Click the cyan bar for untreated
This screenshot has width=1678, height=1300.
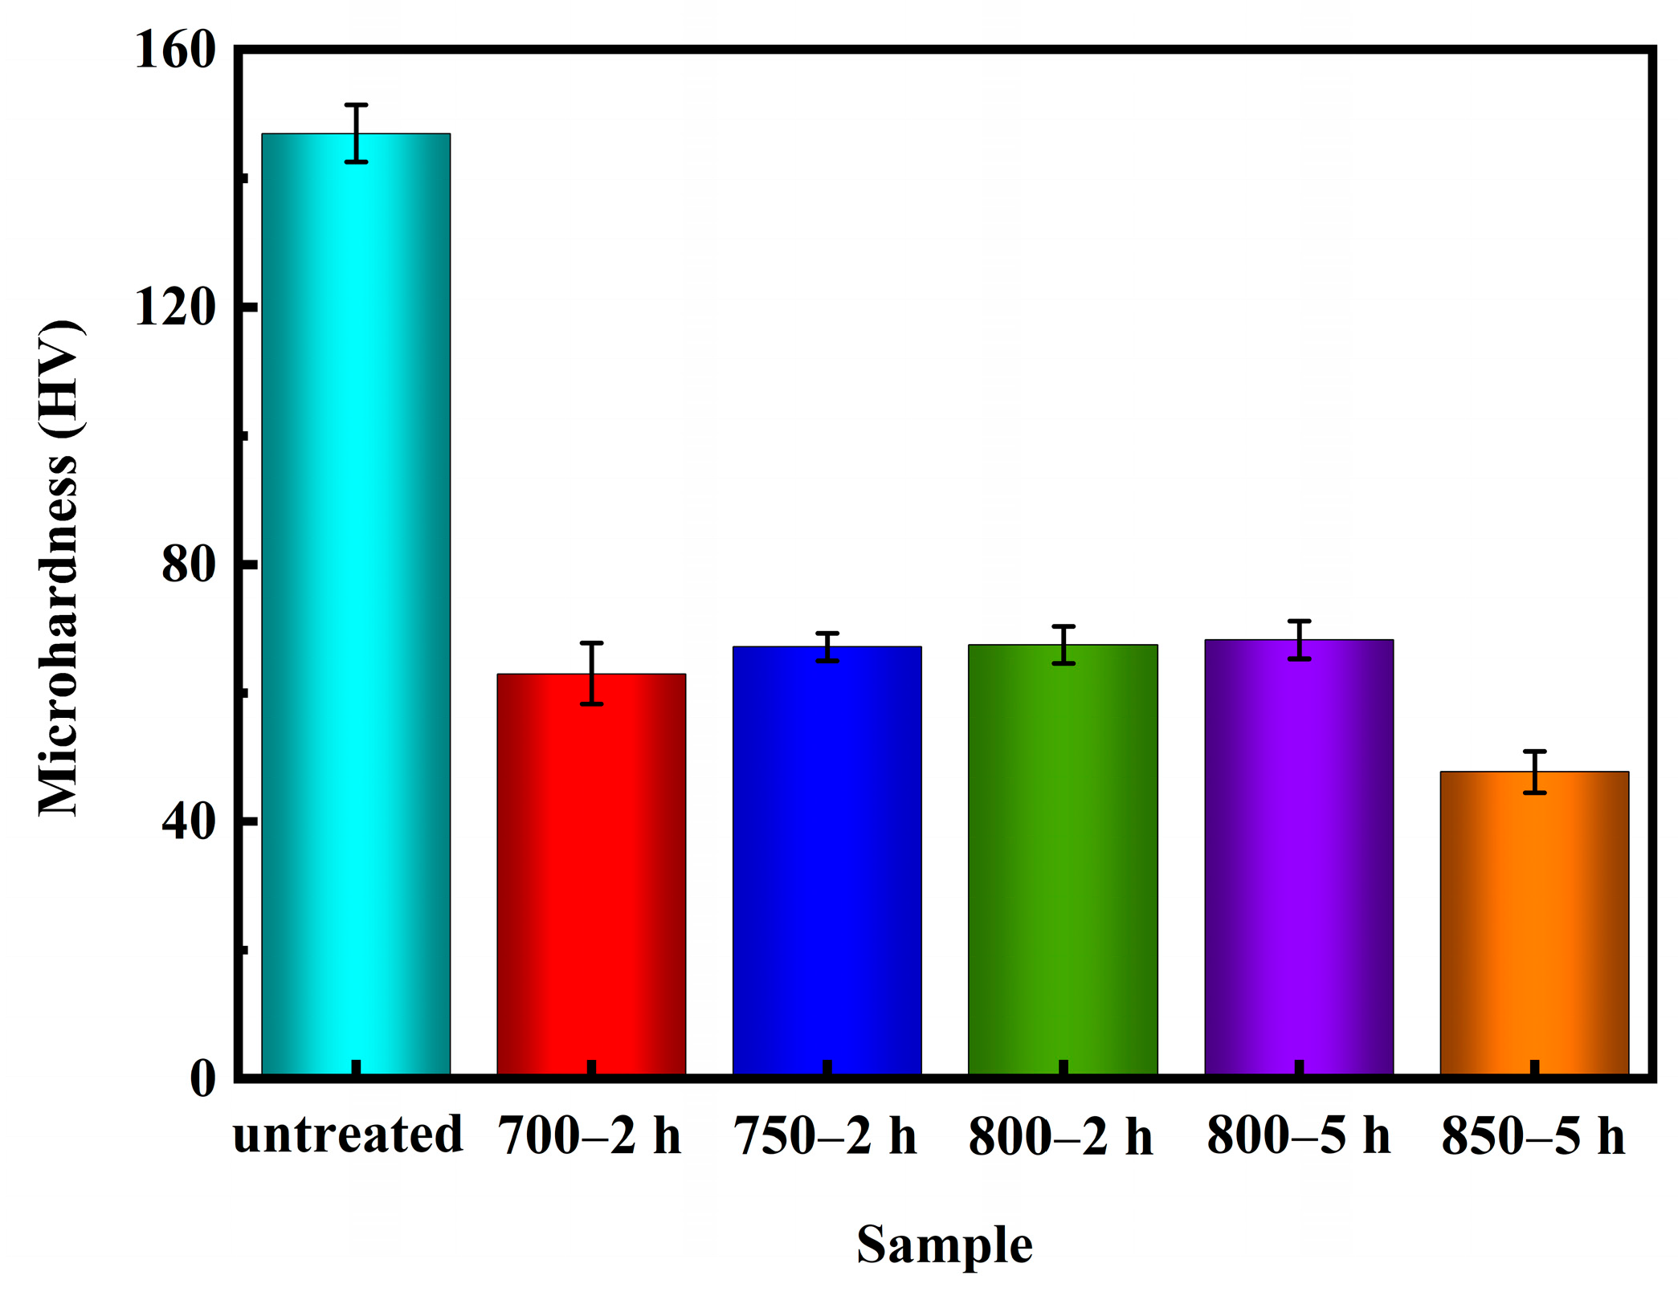pyautogui.click(x=356, y=602)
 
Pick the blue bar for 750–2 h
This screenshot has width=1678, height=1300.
pyautogui.click(x=827, y=859)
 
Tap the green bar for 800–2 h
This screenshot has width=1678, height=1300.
pyautogui.click(x=1063, y=859)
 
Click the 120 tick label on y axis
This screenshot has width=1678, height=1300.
pyautogui.click(x=175, y=307)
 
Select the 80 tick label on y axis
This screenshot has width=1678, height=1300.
pyautogui.click(x=189, y=564)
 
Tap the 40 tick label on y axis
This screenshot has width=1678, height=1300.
pyautogui.click(x=189, y=821)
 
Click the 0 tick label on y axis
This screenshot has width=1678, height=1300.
pyautogui.click(x=202, y=1078)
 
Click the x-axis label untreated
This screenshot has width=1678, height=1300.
pyautogui.click(x=348, y=1135)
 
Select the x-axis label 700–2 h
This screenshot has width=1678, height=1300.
pyautogui.click(x=590, y=1136)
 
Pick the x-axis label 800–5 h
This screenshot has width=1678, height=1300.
pyautogui.click(x=1298, y=1136)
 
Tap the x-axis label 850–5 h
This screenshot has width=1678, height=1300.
pyautogui.click(x=1533, y=1136)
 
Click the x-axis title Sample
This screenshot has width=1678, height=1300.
pyautogui.click(x=944, y=1245)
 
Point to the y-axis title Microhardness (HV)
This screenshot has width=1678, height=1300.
pyautogui.click(x=59, y=568)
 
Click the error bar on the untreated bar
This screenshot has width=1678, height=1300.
pyautogui.click(x=356, y=133)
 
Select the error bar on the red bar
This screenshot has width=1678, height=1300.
pyautogui.click(x=591, y=673)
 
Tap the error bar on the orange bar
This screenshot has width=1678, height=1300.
pyautogui.click(x=1534, y=772)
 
